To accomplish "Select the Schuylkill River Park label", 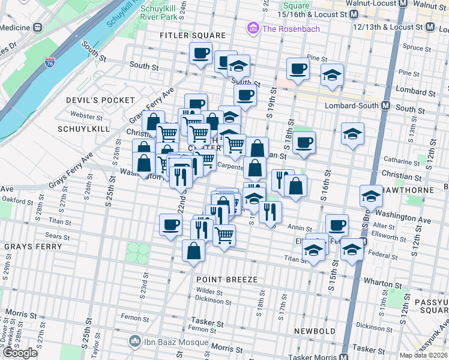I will pos(160,14).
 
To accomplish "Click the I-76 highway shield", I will pos(50,62).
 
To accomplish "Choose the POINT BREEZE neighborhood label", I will pos(227,280).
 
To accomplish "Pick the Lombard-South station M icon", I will pos(385,105).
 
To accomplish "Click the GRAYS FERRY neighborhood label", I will pos(32,246).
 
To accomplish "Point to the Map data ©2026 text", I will pos(424,355).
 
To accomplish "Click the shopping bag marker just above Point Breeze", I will pos(193,252).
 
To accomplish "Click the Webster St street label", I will pos(83,114).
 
